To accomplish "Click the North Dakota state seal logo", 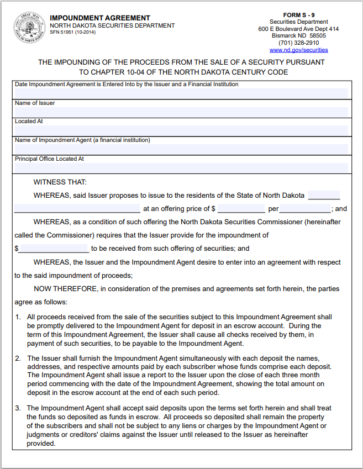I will click(x=28, y=28).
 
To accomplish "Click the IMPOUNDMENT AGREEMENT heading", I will click(x=100, y=18).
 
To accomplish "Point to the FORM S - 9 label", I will click(x=298, y=15).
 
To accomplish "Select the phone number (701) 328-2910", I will click(x=298, y=43).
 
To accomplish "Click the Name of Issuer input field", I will click(x=181, y=112).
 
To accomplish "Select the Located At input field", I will click(x=181, y=130).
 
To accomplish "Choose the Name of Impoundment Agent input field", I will click(x=181, y=149).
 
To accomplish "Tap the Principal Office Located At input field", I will click(x=181, y=168).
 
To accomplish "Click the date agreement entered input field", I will click(x=181, y=93).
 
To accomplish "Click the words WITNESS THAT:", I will click(x=60, y=182).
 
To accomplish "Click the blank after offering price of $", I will click(x=241, y=209).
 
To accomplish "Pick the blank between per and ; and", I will click(x=304, y=209).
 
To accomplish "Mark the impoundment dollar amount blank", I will click(x=54, y=249).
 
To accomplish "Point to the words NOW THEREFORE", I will click(x=66, y=289).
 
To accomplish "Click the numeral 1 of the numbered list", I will click(x=18, y=317).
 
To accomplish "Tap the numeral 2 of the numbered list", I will click(x=18, y=359).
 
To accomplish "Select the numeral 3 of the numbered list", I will click(x=18, y=408).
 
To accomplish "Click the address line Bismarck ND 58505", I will click(x=298, y=36).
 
